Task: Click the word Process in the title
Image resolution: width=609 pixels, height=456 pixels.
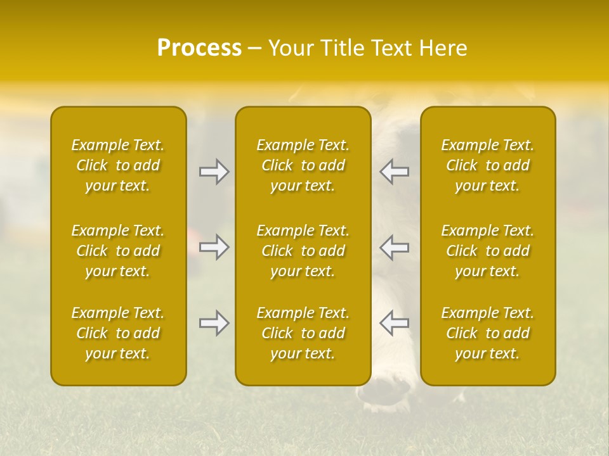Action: click(x=199, y=48)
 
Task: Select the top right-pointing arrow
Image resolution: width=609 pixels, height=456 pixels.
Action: click(x=214, y=172)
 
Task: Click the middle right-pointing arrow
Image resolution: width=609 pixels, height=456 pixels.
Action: click(x=214, y=247)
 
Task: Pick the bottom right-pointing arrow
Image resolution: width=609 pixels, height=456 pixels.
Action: click(x=214, y=323)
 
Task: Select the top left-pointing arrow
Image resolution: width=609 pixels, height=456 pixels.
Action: click(x=395, y=172)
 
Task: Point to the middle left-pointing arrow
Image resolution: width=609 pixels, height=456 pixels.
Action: click(x=395, y=247)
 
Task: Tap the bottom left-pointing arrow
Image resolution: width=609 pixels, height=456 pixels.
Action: click(x=395, y=323)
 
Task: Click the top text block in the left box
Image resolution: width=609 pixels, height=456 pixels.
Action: click(x=118, y=165)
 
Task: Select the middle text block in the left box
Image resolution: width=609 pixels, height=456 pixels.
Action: click(x=118, y=251)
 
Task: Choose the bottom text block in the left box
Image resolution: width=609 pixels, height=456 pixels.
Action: click(x=118, y=333)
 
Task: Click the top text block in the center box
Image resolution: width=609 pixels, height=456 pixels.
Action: click(x=303, y=165)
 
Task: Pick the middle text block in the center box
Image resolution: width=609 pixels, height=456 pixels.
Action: click(x=303, y=251)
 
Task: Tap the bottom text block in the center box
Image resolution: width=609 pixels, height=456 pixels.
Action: click(x=303, y=333)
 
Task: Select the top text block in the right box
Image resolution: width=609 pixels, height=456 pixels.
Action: click(x=488, y=165)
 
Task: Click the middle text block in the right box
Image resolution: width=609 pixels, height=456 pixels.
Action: click(x=488, y=251)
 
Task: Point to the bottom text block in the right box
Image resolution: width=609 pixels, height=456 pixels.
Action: click(x=488, y=333)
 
